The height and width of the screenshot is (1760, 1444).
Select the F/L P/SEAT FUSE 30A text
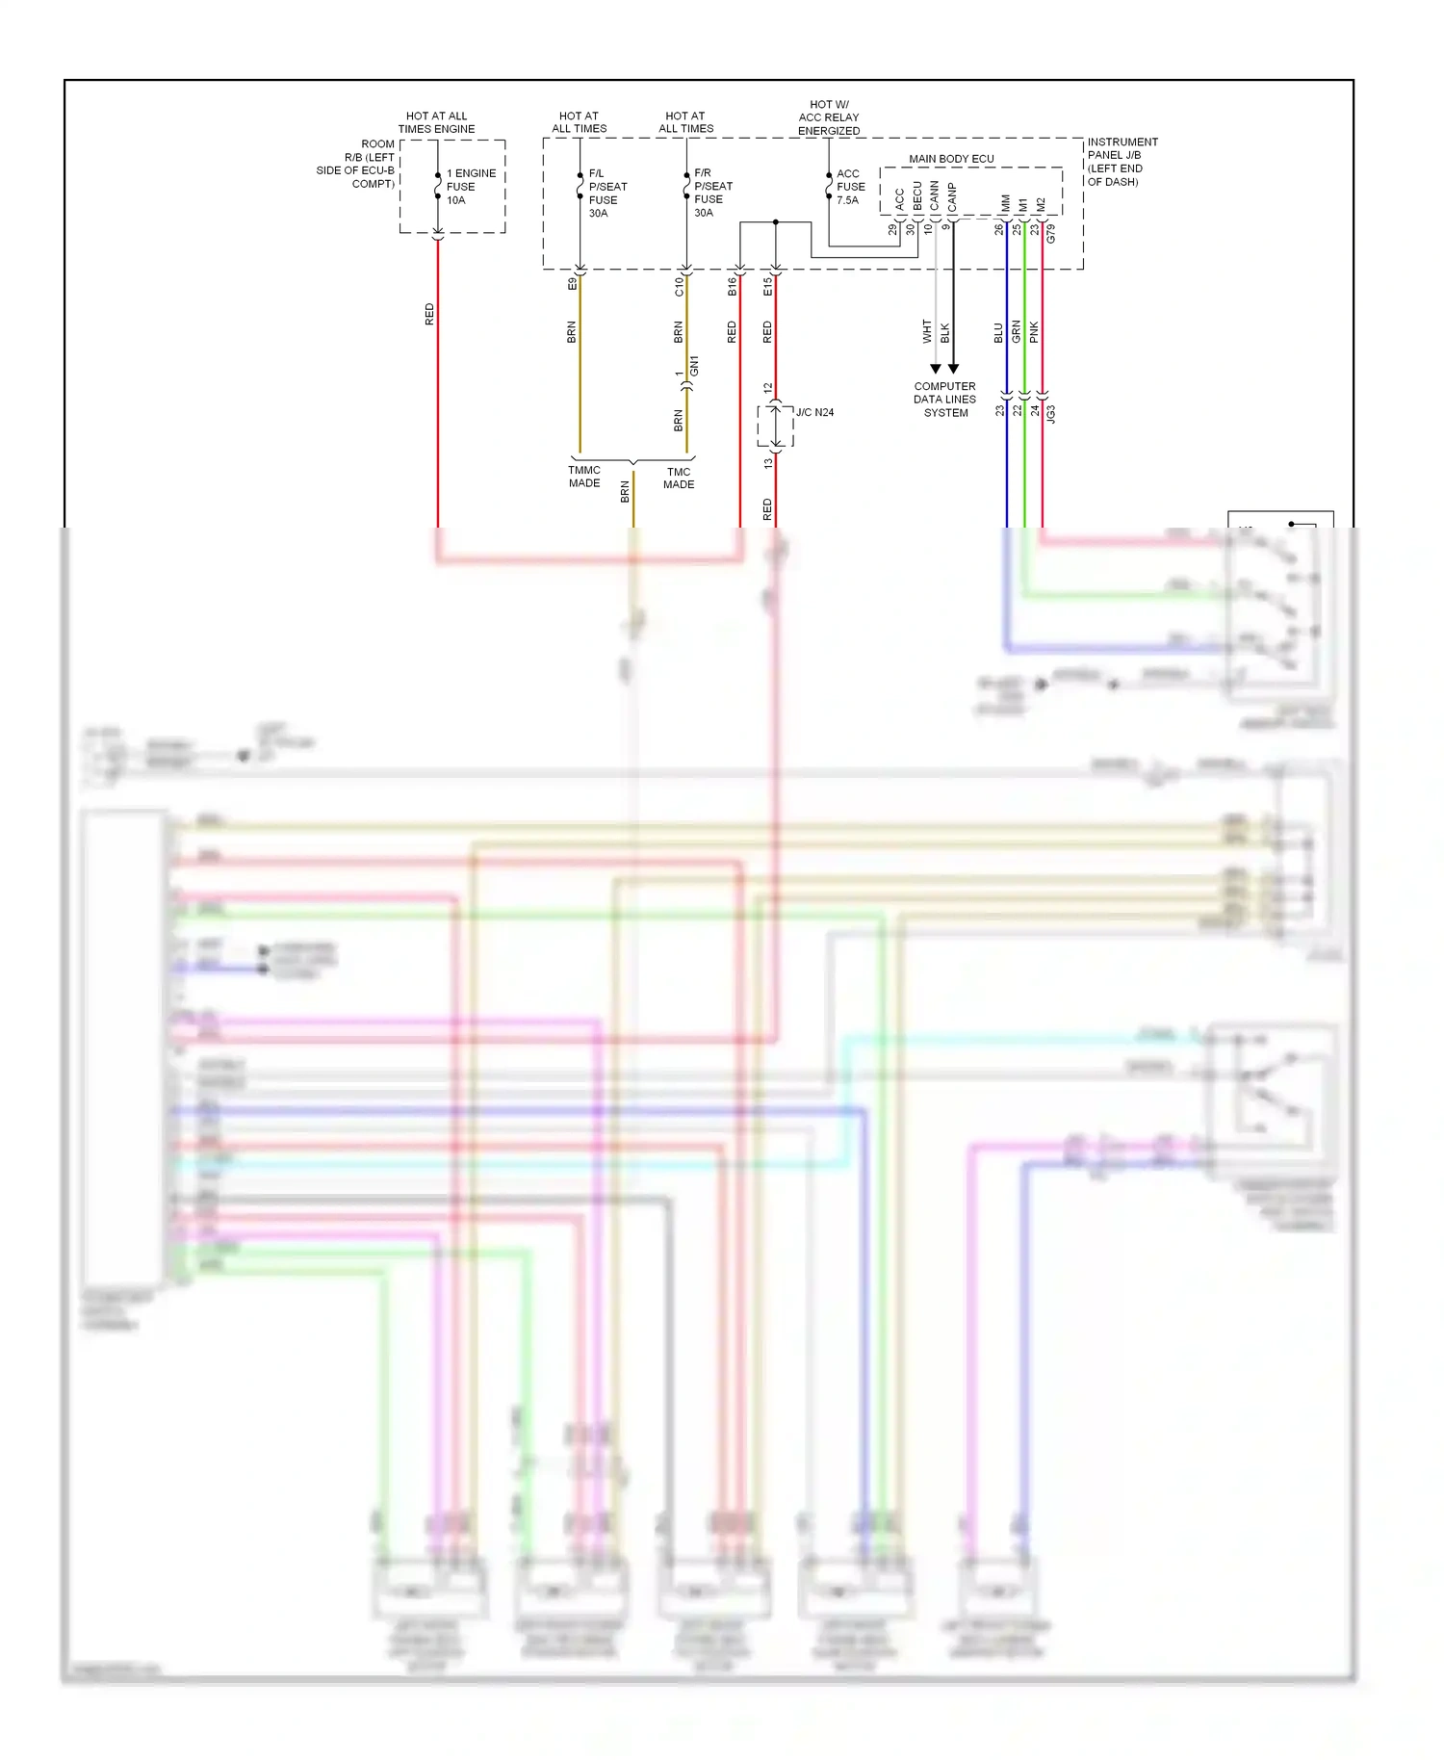coord(607,194)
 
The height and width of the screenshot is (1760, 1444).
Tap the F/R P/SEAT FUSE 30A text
coord(712,193)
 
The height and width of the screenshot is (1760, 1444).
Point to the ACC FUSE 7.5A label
coord(850,187)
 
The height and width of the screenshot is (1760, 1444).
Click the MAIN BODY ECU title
coord(951,159)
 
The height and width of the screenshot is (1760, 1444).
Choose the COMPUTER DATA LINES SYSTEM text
coord(944,400)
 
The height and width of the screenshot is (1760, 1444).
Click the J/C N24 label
coord(814,412)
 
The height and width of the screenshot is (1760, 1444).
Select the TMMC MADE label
coord(584,477)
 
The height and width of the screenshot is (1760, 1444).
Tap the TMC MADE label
coord(679,478)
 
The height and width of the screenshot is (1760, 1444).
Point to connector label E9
coord(572,284)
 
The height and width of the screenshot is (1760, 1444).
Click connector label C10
coord(679,286)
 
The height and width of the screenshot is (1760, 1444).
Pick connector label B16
coord(732,286)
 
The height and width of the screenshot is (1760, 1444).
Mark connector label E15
coord(767,286)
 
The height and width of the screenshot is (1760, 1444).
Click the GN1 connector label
coord(694,366)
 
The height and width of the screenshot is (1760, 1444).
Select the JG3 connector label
coord(1051,414)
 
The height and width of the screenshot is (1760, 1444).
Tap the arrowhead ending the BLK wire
coord(953,369)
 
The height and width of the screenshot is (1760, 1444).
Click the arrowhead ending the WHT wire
coord(935,369)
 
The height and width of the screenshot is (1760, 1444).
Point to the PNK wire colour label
coord(1034,332)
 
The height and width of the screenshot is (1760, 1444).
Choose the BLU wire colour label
coord(998,332)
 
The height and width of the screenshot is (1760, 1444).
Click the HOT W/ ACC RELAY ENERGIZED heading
coord(829,117)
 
